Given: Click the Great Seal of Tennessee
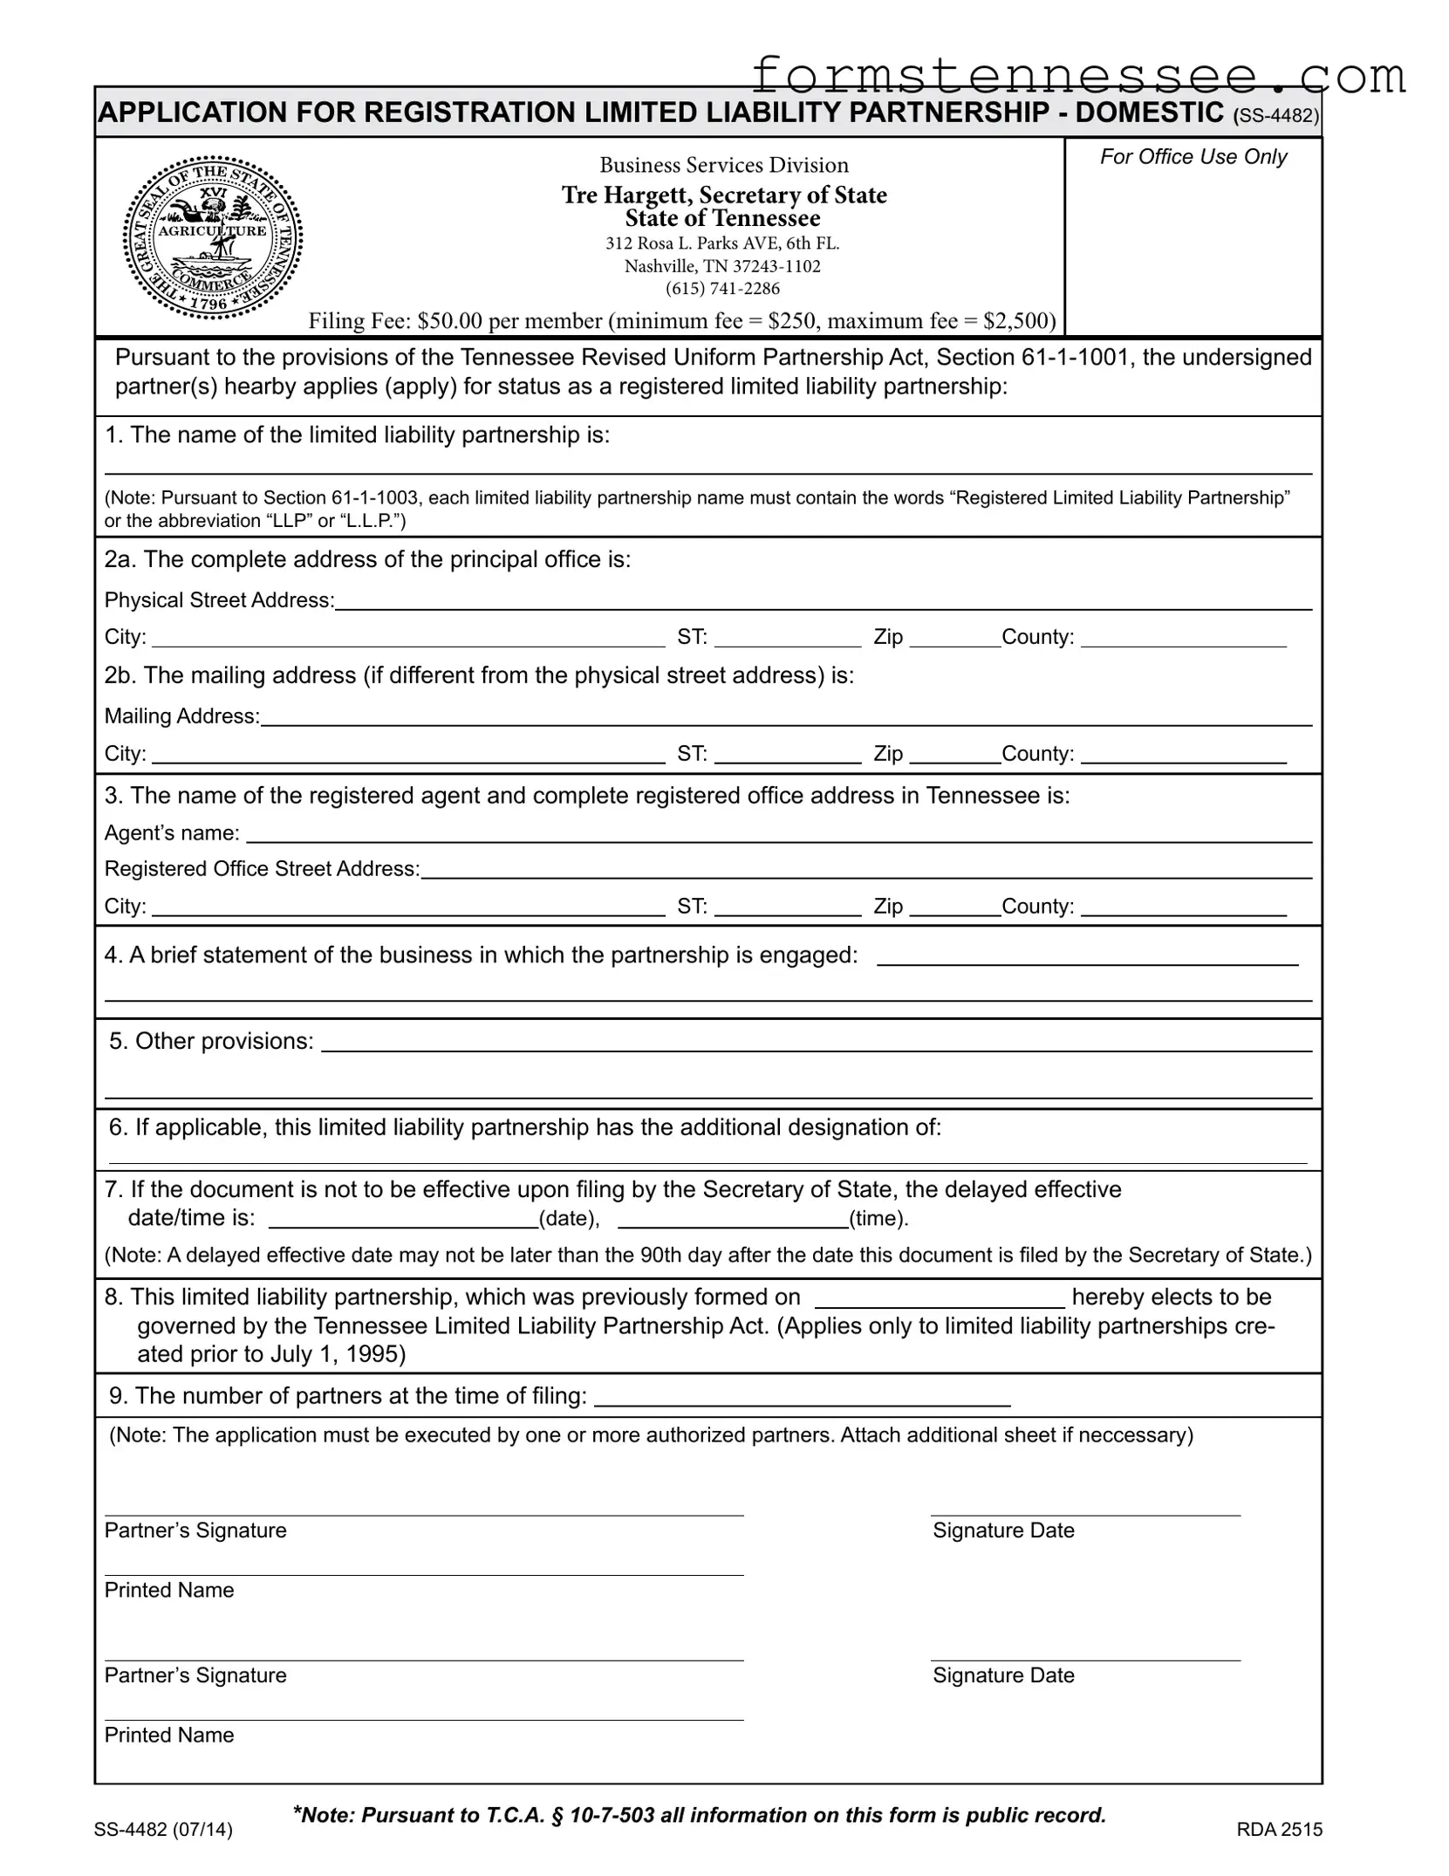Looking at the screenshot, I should (x=213, y=238).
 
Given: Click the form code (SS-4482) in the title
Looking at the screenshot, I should (x=1276, y=117).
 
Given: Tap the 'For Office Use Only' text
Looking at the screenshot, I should (x=1193, y=157).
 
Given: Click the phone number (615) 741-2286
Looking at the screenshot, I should (x=722, y=289).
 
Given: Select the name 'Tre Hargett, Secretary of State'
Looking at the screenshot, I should (x=724, y=195).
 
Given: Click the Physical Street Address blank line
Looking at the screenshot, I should (x=823, y=602).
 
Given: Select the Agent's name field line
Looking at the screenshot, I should (x=778, y=835).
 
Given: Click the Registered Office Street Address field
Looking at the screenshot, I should (x=865, y=871).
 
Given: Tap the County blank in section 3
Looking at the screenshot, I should (x=1183, y=908).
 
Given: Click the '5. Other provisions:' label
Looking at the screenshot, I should (x=211, y=1041).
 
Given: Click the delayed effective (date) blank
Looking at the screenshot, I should (x=403, y=1220).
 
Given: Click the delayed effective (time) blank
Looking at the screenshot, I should (x=733, y=1220).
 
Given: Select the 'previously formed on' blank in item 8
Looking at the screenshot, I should (x=940, y=1299).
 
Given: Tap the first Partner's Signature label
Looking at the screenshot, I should (x=195, y=1530).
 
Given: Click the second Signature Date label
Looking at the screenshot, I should (x=1003, y=1675).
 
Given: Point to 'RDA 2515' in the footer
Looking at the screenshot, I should (x=1279, y=1829).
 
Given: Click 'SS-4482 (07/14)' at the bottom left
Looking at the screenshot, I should (x=163, y=1829).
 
